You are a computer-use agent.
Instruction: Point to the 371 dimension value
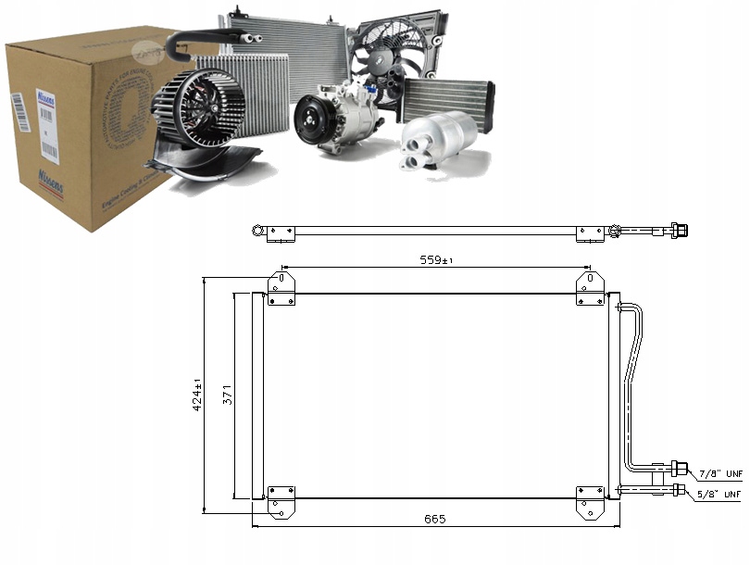pyautogui.click(x=228, y=395)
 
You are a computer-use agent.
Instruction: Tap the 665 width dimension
pyautogui.click(x=435, y=520)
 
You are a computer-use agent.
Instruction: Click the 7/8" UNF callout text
pyautogui.click(x=719, y=472)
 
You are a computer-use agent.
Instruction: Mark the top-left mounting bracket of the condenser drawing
pyautogui.click(x=281, y=288)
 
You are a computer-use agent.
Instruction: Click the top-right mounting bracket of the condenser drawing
pyautogui.click(x=589, y=288)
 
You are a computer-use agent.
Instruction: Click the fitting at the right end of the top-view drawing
pyautogui.click(x=679, y=230)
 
